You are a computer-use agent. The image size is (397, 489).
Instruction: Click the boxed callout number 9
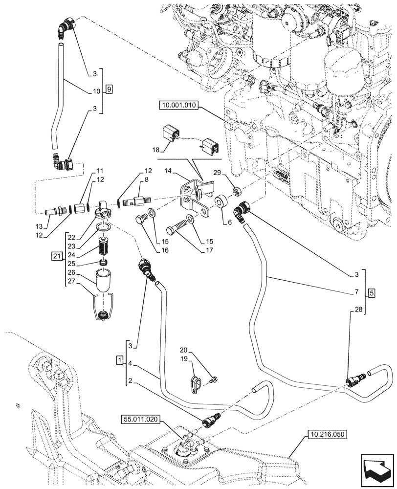coord(109,89)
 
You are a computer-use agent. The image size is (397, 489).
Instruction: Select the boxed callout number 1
coord(119,360)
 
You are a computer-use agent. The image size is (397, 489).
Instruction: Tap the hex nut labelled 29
coord(234,189)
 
